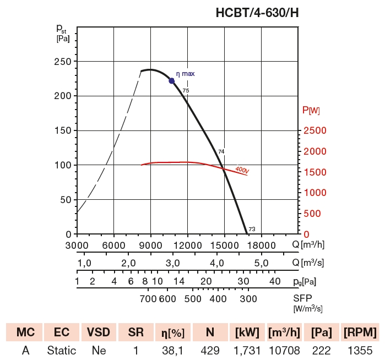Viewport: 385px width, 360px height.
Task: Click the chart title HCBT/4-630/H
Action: (259, 12)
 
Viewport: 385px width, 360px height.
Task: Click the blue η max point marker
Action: (172, 81)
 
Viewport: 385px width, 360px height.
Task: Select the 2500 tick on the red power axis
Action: (314, 130)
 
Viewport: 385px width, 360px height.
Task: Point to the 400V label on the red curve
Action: (242, 170)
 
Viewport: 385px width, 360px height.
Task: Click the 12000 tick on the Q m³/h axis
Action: (187, 245)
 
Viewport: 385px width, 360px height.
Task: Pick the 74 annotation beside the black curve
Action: (221, 151)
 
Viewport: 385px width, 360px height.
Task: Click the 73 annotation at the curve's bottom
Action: (252, 230)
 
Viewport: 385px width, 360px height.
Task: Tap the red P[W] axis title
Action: (311, 111)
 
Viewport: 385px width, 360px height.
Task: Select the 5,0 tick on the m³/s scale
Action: (261, 263)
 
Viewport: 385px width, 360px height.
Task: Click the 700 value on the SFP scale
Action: (148, 299)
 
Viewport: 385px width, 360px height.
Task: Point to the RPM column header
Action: (360, 332)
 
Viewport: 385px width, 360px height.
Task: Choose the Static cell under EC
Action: (61, 351)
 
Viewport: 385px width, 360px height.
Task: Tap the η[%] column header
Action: (172, 332)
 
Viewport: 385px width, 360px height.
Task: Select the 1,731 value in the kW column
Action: (246, 351)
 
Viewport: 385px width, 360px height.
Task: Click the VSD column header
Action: (99, 332)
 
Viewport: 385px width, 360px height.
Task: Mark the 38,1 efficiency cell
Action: (172, 351)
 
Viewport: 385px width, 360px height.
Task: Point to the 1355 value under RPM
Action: (360, 351)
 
